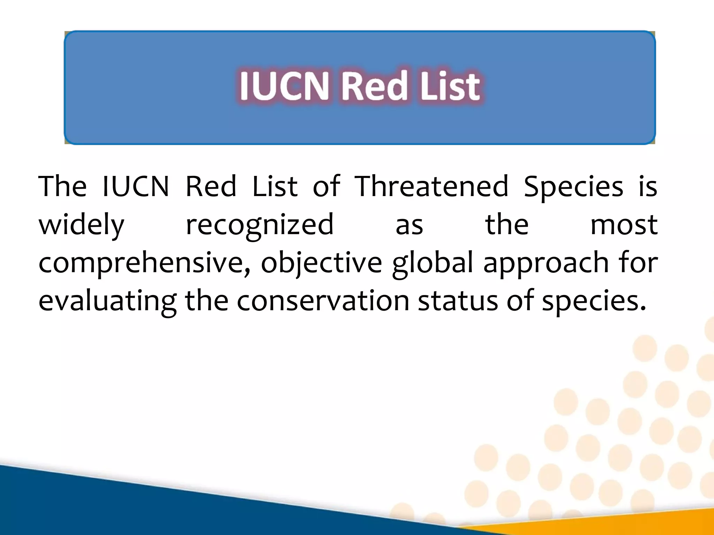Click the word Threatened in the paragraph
(x=431, y=187)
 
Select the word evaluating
(x=107, y=302)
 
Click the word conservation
(x=323, y=301)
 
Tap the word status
(x=458, y=301)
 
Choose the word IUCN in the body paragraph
(x=136, y=187)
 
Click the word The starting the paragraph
(x=62, y=187)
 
